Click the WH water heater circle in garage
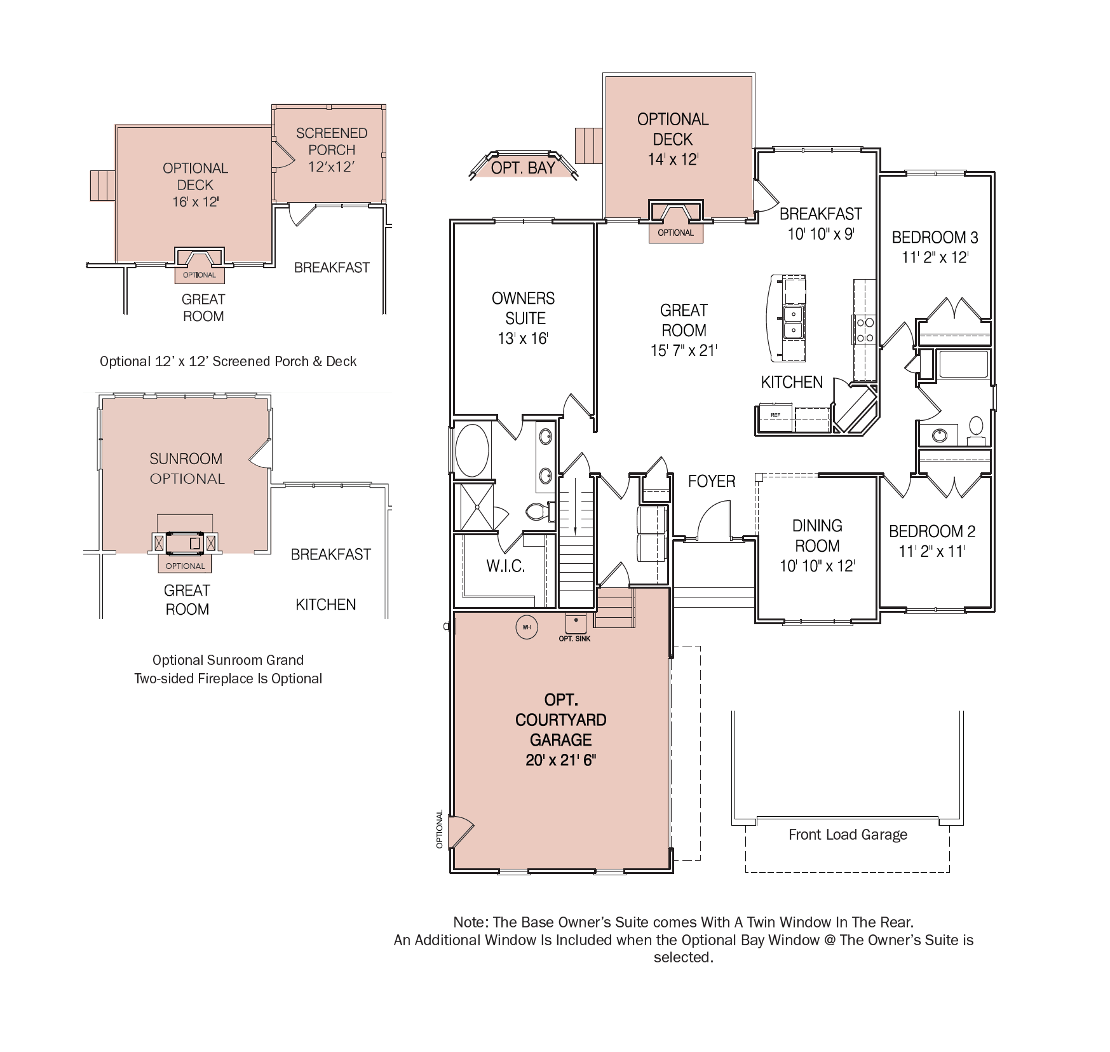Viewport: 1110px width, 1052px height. click(x=526, y=627)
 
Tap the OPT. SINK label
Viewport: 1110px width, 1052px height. click(x=574, y=638)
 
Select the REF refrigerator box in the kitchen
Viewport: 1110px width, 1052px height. click(x=775, y=415)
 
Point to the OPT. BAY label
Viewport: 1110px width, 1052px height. click(x=523, y=168)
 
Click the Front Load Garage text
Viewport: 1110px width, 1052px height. click(x=848, y=835)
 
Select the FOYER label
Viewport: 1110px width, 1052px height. click(x=712, y=481)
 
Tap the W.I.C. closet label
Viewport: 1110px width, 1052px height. click(x=506, y=566)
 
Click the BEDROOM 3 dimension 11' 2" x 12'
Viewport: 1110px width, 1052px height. click(x=935, y=257)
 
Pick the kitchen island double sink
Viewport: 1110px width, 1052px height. click(x=792, y=322)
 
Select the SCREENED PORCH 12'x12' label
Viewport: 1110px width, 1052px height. click(x=332, y=150)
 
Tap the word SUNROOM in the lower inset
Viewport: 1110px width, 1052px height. click(x=186, y=458)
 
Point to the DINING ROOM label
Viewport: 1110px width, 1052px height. click(x=817, y=535)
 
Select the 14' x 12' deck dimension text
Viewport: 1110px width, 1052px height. click(x=673, y=160)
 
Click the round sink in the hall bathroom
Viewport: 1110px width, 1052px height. click(x=940, y=435)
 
